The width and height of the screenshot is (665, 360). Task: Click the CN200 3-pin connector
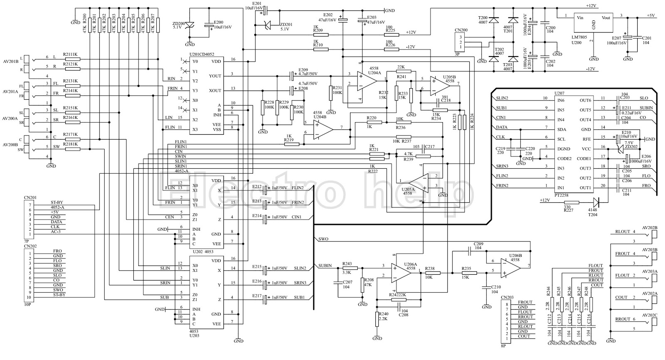tap(461, 42)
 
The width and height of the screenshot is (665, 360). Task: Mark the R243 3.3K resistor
tap(347, 268)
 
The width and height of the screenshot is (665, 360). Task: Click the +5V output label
tap(650, 15)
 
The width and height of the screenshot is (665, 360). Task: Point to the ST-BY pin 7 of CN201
tap(56, 202)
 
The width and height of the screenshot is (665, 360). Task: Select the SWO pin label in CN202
tap(58, 290)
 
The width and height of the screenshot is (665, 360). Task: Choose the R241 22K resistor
tap(401, 72)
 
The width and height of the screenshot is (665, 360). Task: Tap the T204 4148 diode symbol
tap(596, 202)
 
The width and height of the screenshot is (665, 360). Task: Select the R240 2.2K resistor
tap(377, 319)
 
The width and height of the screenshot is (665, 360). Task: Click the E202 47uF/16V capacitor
tap(342, 20)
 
